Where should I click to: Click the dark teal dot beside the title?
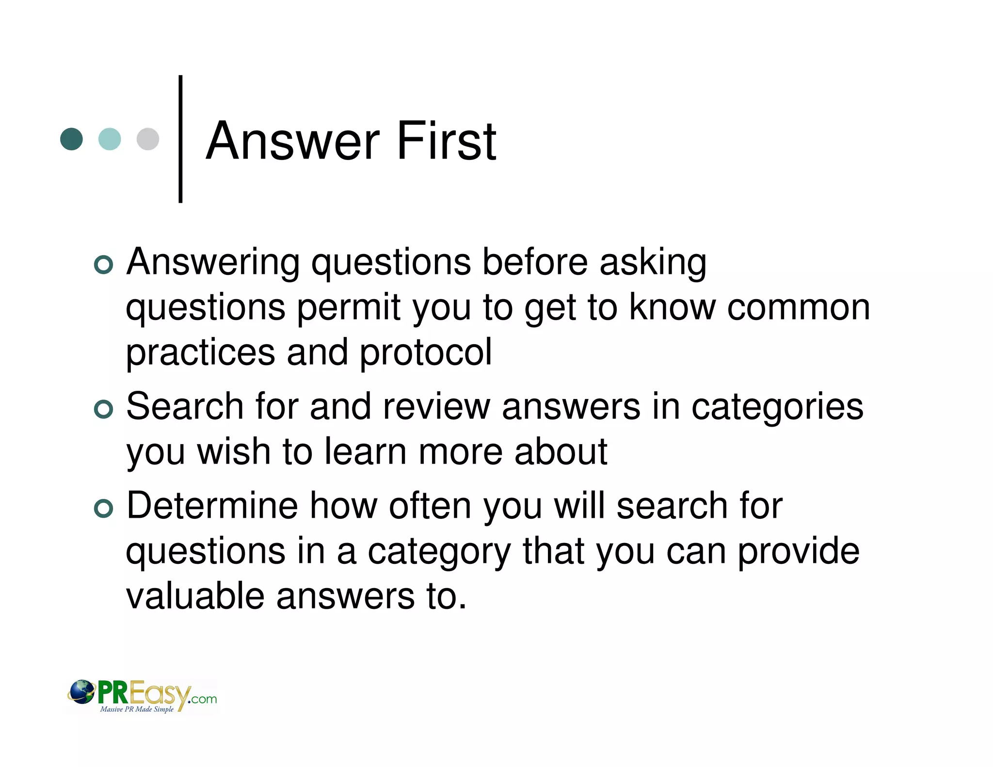click(71, 139)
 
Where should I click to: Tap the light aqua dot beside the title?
click(110, 139)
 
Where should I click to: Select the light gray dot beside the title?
click(148, 139)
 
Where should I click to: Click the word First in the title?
click(447, 141)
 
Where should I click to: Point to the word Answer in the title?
click(293, 141)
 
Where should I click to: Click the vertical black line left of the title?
click(180, 139)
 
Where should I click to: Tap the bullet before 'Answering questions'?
click(103, 265)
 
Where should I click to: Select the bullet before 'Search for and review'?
click(103, 409)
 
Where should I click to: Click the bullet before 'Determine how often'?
click(103, 509)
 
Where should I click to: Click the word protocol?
click(426, 352)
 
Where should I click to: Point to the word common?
click(799, 307)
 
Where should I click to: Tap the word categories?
click(777, 407)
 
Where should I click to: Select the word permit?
click(349, 307)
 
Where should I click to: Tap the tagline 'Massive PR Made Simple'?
click(137, 709)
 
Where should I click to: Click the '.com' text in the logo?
click(203, 699)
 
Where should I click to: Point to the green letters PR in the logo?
click(113, 692)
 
